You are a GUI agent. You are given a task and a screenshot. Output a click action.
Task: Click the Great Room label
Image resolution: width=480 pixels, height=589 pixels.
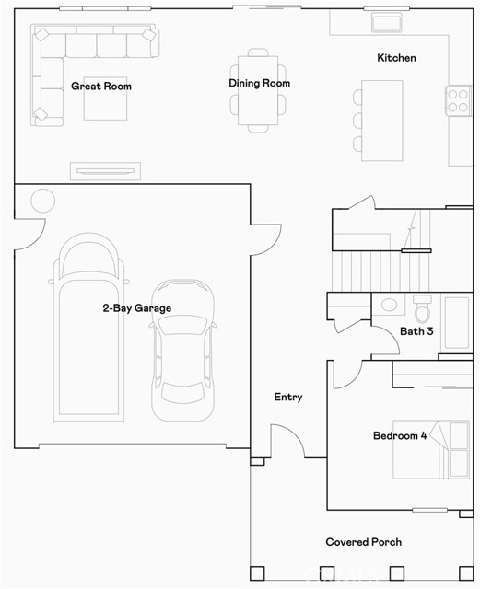pyautogui.click(x=101, y=87)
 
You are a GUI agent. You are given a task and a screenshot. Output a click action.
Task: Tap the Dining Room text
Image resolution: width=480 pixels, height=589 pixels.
pyautogui.click(x=260, y=83)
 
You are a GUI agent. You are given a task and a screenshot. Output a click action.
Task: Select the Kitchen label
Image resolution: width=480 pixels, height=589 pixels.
pyautogui.click(x=396, y=58)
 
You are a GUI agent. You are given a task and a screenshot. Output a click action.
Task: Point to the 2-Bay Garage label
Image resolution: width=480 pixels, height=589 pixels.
pyautogui.click(x=137, y=308)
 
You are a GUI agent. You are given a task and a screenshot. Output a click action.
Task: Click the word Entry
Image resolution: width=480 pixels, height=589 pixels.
pyautogui.click(x=288, y=397)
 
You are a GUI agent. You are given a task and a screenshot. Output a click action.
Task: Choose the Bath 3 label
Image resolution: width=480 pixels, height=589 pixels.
pyautogui.click(x=416, y=331)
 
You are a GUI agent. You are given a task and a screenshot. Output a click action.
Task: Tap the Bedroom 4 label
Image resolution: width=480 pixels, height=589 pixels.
pyautogui.click(x=400, y=435)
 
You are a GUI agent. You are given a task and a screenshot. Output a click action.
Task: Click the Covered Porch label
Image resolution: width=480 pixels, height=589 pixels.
pyautogui.click(x=364, y=542)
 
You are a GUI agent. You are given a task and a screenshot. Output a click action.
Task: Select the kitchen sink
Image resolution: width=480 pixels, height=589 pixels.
pyautogui.click(x=387, y=22)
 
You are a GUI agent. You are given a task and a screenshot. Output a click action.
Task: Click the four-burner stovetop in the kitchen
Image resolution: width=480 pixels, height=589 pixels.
pyautogui.click(x=458, y=100)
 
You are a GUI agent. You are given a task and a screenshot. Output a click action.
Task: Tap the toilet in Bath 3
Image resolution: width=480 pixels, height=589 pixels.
pyautogui.click(x=423, y=308)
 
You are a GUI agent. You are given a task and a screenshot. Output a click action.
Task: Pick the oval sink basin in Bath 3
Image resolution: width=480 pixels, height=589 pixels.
pyautogui.click(x=390, y=305)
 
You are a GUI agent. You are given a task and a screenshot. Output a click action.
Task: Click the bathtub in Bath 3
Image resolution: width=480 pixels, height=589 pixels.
pyautogui.click(x=457, y=323)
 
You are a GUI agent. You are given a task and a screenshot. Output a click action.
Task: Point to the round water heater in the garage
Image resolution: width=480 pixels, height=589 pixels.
pyautogui.click(x=43, y=201)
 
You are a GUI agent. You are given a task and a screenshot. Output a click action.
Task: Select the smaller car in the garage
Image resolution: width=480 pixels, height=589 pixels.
pyautogui.click(x=182, y=350)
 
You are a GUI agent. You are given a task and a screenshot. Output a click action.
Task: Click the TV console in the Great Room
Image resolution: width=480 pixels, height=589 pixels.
pyautogui.click(x=105, y=171)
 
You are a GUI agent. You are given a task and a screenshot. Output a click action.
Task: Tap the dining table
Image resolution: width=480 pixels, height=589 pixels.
pyautogui.click(x=258, y=90)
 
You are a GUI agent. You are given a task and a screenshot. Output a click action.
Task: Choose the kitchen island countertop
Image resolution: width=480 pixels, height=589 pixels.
pyautogui.click(x=382, y=121)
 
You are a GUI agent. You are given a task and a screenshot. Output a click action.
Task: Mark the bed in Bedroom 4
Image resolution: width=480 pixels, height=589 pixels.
pyautogui.click(x=431, y=449)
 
